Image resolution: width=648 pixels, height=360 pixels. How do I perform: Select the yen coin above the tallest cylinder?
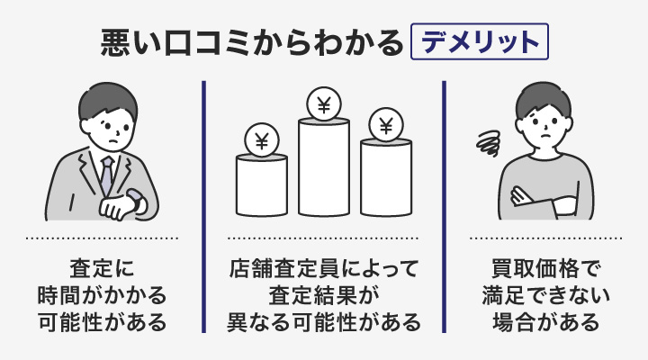[x=323, y=104]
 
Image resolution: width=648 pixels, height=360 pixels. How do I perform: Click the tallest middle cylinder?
[x=323, y=166]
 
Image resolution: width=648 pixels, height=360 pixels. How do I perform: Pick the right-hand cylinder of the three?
[x=385, y=178]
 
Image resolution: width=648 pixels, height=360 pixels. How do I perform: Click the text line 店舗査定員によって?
[x=323, y=268]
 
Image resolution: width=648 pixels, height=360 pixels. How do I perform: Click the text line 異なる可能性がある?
[x=323, y=320]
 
